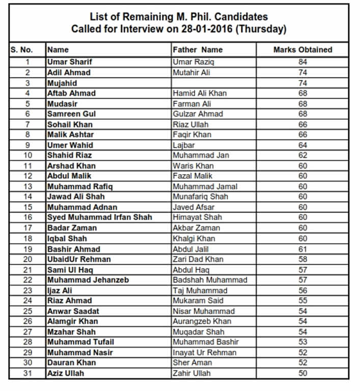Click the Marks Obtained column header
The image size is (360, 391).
pyautogui.click(x=302, y=50)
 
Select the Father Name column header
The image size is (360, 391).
pyautogui.click(x=198, y=50)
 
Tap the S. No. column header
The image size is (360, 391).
pyautogui.click(x=21, y=50)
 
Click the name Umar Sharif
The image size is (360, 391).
pyautogui.click(x=70, y=62)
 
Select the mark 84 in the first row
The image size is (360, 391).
pyautogui.click(x=303, y=62)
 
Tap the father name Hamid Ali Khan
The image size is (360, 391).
pyautogui.click(x=200, y=93)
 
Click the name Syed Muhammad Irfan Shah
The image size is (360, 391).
pyautogui.click(x=100, y=217)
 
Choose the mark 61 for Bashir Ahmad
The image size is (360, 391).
pyautogui.click(x=303, y=249)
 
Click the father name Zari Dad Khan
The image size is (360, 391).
pyautogui.click(x=198, y=259)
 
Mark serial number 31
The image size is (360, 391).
pyautogui.click(x=27, y=373)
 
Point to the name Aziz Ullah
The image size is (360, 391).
pyautogui.click(x=66, y=373)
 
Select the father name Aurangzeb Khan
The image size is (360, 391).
pyautogui.click(x=202, y=321)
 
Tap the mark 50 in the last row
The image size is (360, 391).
pyautogui.click(x=303, y=373)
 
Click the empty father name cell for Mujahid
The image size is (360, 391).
pyautogui.click(x=214, y=83)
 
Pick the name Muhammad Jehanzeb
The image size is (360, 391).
pyautogui.click(x=88, y=280)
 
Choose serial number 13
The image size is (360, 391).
pyautogui.click(x=27, y=186)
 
